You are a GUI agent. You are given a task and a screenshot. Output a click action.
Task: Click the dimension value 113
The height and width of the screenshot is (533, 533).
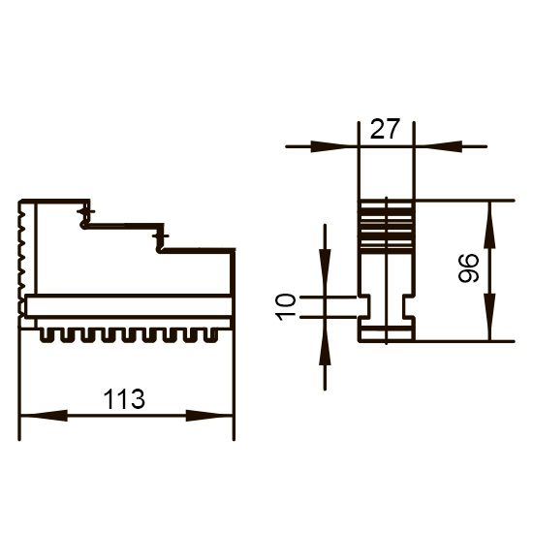pos(124,398)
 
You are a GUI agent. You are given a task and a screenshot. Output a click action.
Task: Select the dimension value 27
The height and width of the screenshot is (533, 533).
pos(384,129)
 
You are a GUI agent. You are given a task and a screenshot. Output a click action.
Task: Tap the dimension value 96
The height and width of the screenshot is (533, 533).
pos(468,267)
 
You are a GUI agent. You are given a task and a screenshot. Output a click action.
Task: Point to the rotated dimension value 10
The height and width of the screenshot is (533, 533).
pos(286,307)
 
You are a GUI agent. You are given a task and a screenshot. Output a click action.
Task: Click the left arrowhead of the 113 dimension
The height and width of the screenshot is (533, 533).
pos(45,416)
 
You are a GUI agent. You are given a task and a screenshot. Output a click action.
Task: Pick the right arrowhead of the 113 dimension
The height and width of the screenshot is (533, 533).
pos(209,416)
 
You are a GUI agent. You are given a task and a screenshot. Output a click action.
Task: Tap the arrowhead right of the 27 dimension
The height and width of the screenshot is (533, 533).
pos(438,146)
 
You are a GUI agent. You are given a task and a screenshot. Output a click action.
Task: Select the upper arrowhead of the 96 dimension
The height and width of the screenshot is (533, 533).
pos(489,225)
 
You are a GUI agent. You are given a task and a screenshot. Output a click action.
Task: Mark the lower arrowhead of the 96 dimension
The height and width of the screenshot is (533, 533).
pos(489,317)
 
